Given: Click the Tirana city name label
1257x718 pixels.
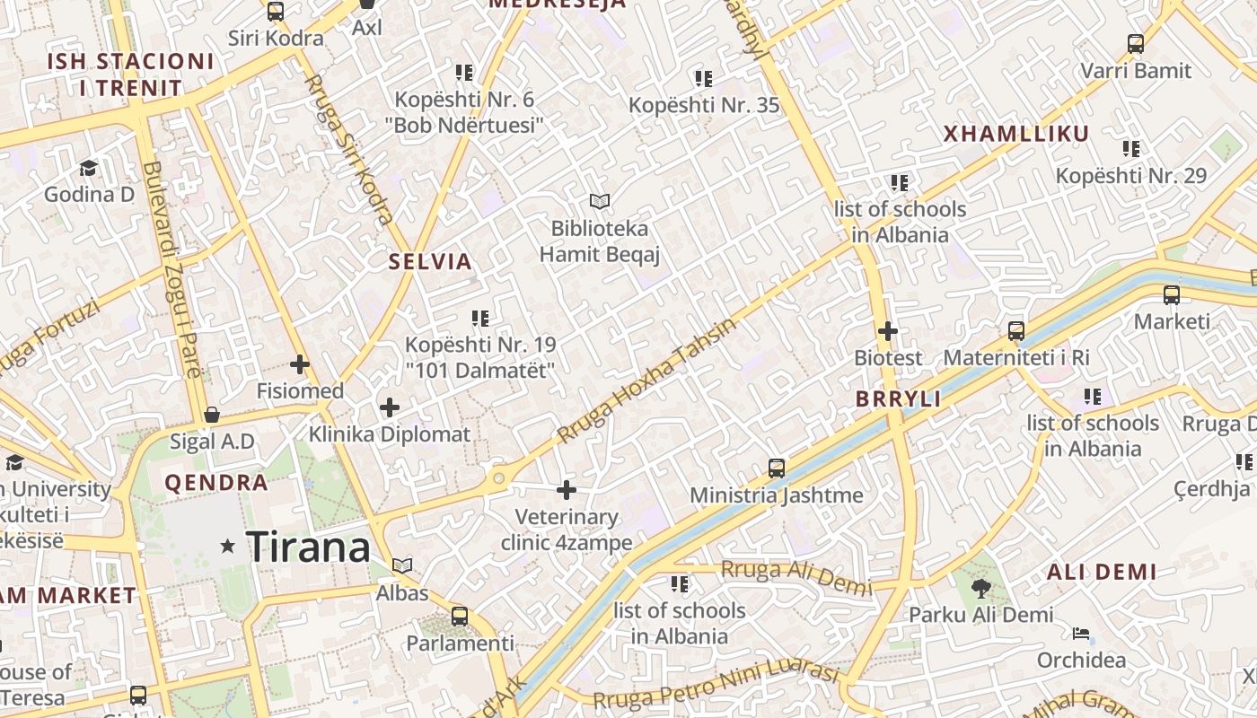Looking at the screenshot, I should (308, 547).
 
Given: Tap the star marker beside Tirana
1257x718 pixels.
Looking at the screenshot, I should (228, 546).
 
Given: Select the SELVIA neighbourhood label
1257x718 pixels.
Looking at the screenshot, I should (430, 262).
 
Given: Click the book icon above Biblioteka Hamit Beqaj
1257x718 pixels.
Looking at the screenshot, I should (600, 202).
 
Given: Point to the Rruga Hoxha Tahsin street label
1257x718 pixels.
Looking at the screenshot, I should (646, 380).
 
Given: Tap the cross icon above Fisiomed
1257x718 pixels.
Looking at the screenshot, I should (300, 364).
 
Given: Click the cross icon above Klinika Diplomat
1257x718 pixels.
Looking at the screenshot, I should (390, 407).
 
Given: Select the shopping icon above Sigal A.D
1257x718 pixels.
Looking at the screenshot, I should (212, 415).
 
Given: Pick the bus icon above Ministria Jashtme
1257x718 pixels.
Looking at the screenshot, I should (777, 468).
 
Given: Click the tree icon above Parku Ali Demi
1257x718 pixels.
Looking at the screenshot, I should (980, 589).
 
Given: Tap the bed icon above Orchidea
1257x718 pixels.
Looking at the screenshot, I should (1081, 634).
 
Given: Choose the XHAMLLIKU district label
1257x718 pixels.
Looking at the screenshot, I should (1016, 135).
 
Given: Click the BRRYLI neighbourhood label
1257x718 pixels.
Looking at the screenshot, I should (899, 399).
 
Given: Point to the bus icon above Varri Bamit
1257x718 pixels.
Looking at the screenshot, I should (1136, 43).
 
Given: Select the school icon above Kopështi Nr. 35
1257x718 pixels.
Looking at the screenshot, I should (704, 79).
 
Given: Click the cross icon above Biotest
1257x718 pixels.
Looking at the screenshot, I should (888, 331).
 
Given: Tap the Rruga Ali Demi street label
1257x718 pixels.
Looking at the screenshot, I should (796, 576).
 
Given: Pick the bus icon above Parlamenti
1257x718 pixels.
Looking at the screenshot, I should (460, 617).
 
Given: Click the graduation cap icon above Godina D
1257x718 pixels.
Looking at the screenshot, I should (89, 168).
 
